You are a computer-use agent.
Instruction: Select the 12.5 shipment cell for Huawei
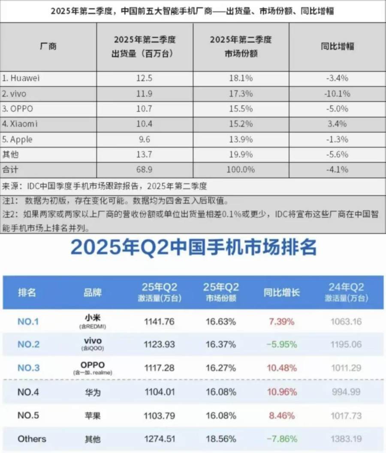point(145,78)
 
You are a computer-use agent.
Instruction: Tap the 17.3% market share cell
point(241,93)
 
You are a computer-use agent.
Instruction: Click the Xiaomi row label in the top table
point(21,124)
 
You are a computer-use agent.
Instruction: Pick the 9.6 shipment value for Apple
point(145,140)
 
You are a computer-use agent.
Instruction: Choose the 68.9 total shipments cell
point(145,170)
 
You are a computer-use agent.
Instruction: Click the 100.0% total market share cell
point(241,170)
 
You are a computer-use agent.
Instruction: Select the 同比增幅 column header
point(337,46)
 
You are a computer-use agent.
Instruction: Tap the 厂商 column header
point(48,46)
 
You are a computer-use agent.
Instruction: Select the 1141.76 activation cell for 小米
point(160,321)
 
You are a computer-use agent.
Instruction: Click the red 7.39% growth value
point(282,321)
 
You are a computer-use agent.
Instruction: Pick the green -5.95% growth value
point(282,344)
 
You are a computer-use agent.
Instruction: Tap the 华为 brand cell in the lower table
point(92,392)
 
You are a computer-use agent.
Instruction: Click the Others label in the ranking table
point(32,439)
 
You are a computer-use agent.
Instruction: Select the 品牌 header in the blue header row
point(92,292)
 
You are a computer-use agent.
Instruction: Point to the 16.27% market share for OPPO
point(220,368)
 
